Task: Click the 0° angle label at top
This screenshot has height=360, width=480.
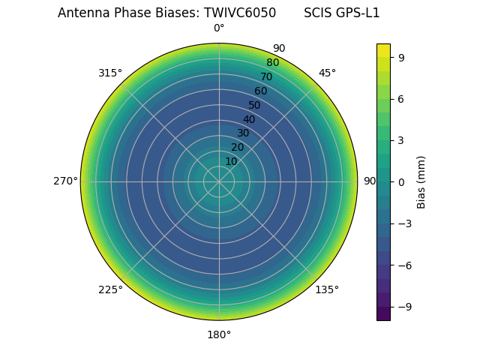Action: click(x=219, y=28)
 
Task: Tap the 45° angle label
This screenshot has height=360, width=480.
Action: click(x=327, y=73)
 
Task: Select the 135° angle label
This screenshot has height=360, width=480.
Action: click(x=327, y=289)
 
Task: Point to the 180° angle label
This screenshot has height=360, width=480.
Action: click(x=219, y=334)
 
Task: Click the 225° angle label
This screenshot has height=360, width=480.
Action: click(x=110, y=289)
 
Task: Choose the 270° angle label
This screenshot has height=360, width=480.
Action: click(x=65, y=181)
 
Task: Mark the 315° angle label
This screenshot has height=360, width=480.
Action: click(x=110, y=73)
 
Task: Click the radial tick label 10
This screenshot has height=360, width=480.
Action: click(x=231, y=161)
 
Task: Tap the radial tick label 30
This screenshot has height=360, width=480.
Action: click(x=243, y=133)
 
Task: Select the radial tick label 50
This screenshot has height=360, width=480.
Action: click(x=255, y=105)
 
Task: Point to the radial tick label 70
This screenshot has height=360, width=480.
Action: click(x=266, y=76)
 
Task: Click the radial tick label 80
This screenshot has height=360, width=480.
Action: click(x=272, y=63)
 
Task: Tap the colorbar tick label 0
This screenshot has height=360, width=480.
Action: click(x=401, y=181)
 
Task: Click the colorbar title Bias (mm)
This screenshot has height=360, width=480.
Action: click(x=421, y=181)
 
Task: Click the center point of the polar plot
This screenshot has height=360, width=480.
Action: click(x=219, y=181)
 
